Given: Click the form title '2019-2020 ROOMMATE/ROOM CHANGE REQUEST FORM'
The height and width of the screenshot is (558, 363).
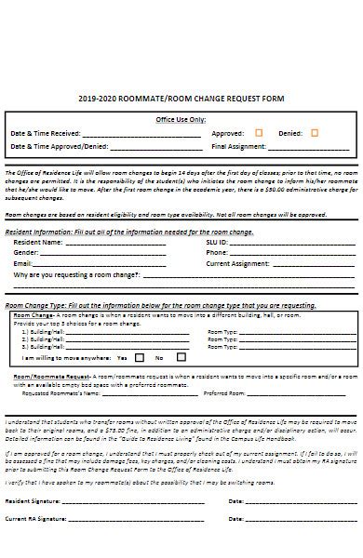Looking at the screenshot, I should click(181, 98).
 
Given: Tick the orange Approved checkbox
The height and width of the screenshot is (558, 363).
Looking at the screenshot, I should click(259, 132).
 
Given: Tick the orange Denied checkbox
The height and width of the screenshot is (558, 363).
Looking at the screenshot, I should click(315, 132).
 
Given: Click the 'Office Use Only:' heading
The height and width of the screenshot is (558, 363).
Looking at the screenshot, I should click(181, 120).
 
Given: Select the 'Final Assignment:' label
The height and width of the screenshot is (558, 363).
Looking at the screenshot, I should click(238, 146).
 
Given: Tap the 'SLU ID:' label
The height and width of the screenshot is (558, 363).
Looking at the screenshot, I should click(220, 242).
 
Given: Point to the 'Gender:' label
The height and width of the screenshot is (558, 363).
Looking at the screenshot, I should click(26, 252).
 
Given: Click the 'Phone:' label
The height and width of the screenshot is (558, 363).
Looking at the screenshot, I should click(217, 252).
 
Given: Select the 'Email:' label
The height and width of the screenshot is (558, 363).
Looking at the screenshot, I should click(23, 263).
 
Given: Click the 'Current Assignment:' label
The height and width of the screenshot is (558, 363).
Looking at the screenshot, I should click(238, 263).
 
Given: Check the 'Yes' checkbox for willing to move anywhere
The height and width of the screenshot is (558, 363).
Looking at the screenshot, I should click(140, 357).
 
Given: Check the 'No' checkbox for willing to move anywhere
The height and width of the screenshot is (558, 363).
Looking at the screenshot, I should click(174, 357).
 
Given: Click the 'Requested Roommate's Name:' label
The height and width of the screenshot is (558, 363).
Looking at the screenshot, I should click(60, 393).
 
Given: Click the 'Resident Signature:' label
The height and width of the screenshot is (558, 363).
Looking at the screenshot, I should click(36, 501).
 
